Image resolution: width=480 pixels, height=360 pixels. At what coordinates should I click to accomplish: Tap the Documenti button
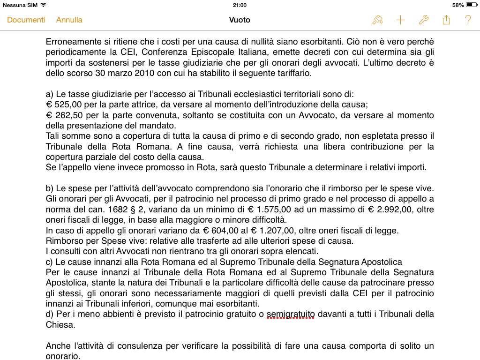coord(26,20)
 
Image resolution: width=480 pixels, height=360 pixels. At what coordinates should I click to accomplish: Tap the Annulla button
coord(69,20)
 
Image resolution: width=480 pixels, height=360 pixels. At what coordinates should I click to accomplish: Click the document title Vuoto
coord(240,20)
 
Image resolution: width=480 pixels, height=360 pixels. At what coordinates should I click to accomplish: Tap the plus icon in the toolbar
coord(400,20)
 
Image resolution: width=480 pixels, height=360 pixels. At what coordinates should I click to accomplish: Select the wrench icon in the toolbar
coord(423,20)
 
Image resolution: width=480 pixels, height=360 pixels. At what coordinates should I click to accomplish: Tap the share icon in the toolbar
coord(446,20)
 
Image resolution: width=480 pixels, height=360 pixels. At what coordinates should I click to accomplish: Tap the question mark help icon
coord(468,20)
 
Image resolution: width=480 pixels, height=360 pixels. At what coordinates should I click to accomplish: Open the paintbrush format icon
coord(377,20)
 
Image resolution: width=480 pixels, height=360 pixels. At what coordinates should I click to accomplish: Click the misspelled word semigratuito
coord(291,314)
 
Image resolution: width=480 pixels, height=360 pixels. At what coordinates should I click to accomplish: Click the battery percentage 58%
coord(458,5)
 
